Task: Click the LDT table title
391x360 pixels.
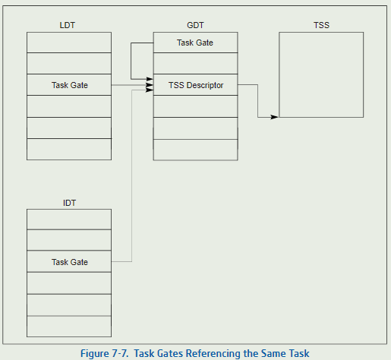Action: tap(68, 25)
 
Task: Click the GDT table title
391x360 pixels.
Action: tap(195, 25)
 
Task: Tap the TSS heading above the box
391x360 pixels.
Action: tap(321, 25)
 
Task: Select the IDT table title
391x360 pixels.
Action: tap(69, 203)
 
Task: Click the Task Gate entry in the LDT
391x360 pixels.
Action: tap(69, 85)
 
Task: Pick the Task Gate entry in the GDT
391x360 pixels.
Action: tap(195, 43)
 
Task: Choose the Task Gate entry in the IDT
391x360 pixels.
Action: tap(69, 261)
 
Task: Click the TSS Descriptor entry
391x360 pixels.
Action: tap(195, 85)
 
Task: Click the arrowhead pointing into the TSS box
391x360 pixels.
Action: tap(274, 117)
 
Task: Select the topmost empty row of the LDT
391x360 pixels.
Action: tap(69, 43)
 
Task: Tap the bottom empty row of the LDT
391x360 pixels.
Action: tap(69, 149)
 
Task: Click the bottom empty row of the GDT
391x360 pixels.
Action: tap(195, 150)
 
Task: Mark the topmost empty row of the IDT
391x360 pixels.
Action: tap(69, 219)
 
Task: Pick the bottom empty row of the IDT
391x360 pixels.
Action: tap(69, 327)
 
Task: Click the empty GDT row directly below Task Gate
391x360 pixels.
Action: tap(195, 63)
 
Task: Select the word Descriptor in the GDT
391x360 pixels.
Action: tap(205, 85)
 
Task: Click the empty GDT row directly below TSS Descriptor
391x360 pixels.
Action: tap(195, 106)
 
